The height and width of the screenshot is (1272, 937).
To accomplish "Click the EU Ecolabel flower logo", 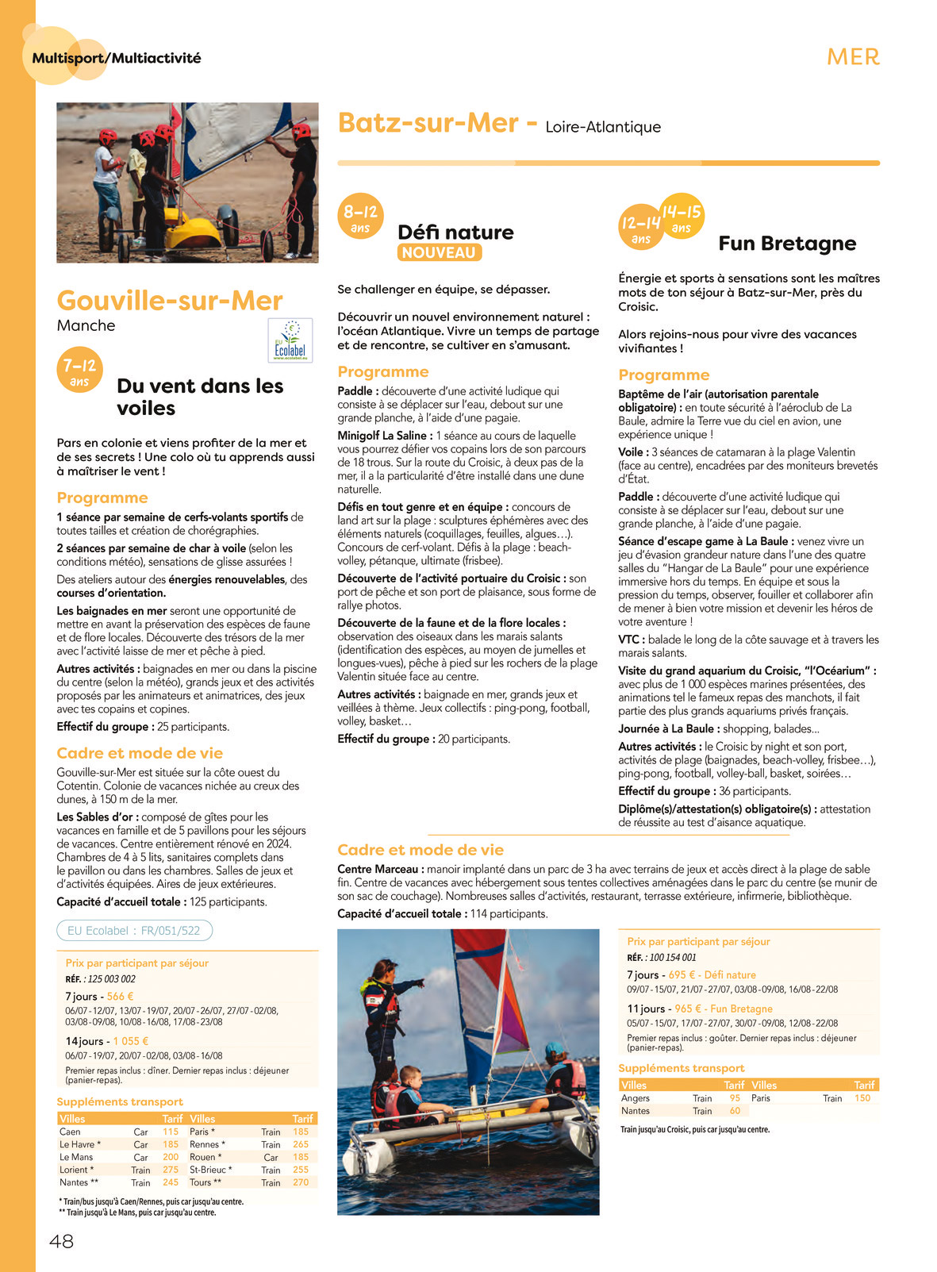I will pos(290,340).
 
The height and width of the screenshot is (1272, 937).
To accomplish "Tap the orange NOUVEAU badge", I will pos(439,253).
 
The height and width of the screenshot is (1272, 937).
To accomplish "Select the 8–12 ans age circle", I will pos(360,217).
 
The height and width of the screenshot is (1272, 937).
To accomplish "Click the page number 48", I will pos(62,1241).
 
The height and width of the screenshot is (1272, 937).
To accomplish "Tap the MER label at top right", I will pos(853,57).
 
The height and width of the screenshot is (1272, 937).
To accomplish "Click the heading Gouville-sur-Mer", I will pos(170,301).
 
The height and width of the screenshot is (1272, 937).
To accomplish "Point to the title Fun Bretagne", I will pos(787,243).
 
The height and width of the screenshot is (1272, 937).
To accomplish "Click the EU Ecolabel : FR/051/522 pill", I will pos(134,931).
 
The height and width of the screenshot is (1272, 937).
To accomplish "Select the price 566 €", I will pos(120,997).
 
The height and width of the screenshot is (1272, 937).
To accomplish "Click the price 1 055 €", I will pos(131,1041).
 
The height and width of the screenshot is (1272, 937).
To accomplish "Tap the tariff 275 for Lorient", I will pos(171,1170).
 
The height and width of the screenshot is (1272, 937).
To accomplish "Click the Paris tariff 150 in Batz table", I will pos(862,1098).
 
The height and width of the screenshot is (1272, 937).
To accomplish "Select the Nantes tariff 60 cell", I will pos(735,1111).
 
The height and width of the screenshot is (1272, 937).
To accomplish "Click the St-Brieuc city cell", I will pos(210,1170).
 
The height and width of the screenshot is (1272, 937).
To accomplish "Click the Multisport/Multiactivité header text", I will pos(117,58).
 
